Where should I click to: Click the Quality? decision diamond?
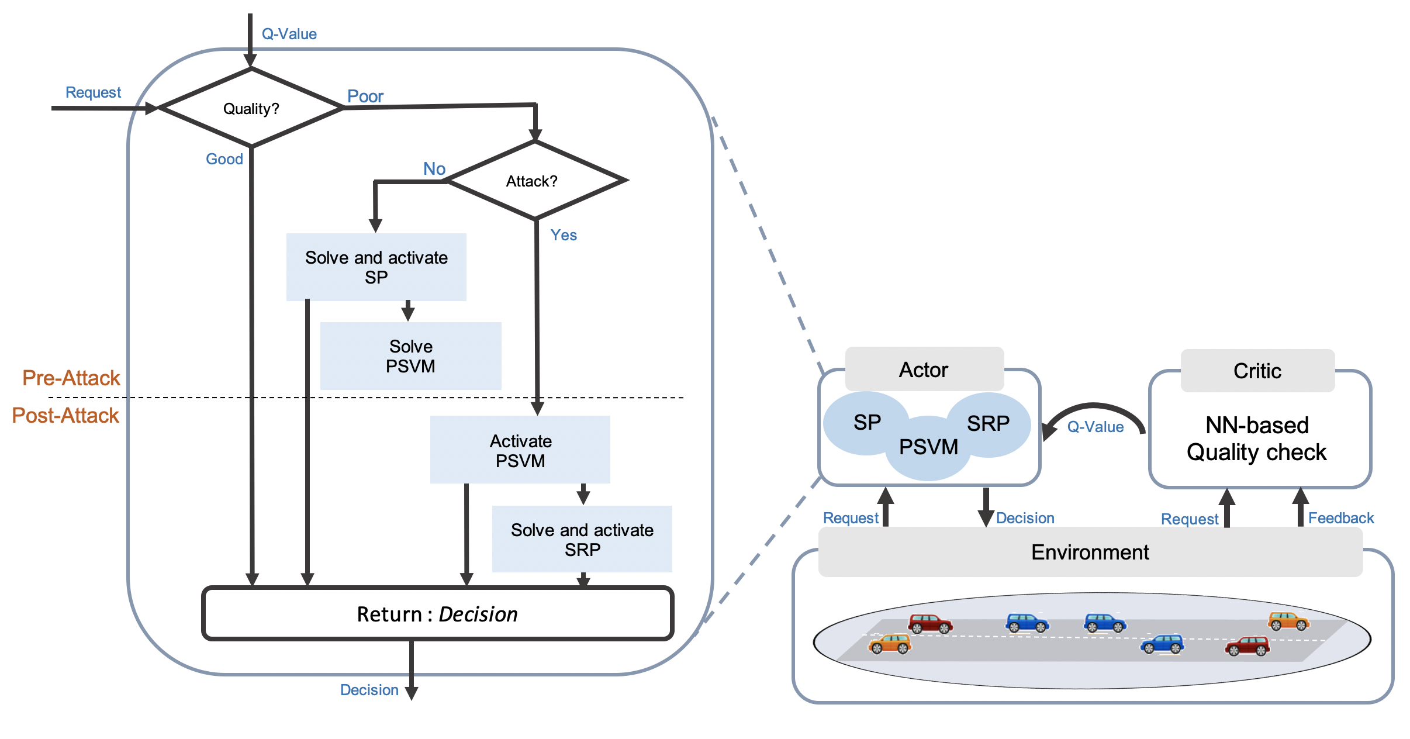[251, 108]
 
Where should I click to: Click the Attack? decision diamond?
[535, 181]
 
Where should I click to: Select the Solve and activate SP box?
[376, 267]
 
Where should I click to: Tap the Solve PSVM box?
[410, 356]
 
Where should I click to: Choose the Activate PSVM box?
[520, 450]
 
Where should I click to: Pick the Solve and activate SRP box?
[582, 539]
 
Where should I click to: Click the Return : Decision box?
[437, 614]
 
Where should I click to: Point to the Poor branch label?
[365, 96]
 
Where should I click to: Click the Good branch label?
[224, 159]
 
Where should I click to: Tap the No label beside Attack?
[434, 169]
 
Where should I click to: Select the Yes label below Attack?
[564, 235]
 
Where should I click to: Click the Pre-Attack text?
[71, 378]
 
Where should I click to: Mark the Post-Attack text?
[65, 416]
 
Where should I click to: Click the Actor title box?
[924, 369]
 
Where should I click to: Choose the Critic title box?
[1257, 371]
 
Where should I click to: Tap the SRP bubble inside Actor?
[989, 424]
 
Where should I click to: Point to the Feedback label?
[1341, 518]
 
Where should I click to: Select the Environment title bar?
[1090, 552]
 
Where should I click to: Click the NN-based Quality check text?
[1257, 438]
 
